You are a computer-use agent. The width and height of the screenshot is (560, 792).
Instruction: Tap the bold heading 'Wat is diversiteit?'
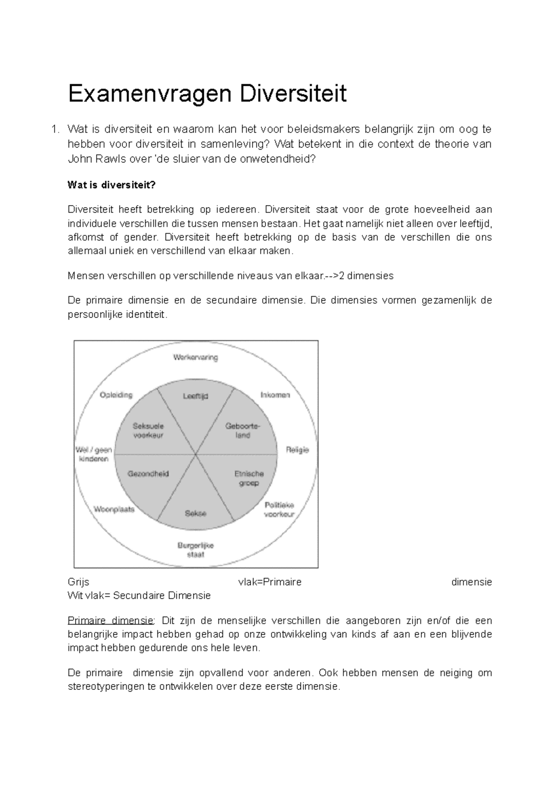click(x=112, y=185)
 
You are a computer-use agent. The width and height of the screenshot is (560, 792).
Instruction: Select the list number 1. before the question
click(x=56, y=129)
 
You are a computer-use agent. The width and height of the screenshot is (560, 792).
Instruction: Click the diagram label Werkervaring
click(x=196, y=358)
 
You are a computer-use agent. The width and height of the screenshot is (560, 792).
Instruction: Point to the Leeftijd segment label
click(x=195, y=396)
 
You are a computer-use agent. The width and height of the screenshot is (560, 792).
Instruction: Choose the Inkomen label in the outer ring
click(x=275, y=395)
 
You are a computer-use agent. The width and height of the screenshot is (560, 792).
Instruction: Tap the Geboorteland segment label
click(x=243, y=431)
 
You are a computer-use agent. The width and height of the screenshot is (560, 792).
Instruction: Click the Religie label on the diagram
click(x=297, y=450)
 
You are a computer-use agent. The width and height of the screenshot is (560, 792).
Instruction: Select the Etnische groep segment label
click(x=249, y=479)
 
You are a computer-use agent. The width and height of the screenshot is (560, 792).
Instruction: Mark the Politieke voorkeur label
click(x=279, y=509)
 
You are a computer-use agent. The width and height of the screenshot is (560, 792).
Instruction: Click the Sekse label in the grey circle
click(x=196, y=513)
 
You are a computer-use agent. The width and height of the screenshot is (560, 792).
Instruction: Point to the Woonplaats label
click(x=114, y=509)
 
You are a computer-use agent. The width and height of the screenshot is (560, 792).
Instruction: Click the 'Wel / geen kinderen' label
click(x=94, y=454)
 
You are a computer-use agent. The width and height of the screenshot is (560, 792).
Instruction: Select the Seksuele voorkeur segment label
click(x=148, y=431)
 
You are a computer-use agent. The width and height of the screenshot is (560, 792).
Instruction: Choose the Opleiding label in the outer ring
click(x=116, y=395)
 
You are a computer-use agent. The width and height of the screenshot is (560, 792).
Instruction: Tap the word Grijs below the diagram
click(x=78, y=582)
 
